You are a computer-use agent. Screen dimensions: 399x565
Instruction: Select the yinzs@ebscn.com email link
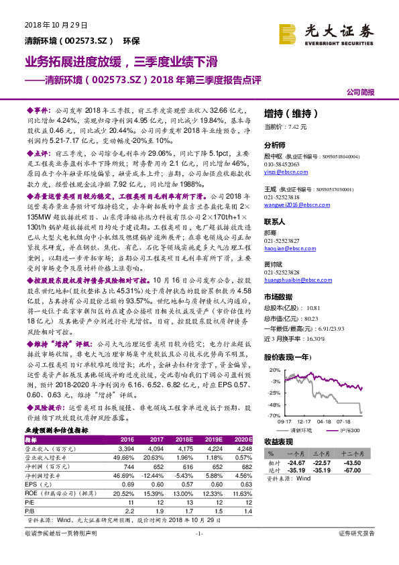coord(284,172)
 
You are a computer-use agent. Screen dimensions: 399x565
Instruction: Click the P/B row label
coord(32,511)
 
